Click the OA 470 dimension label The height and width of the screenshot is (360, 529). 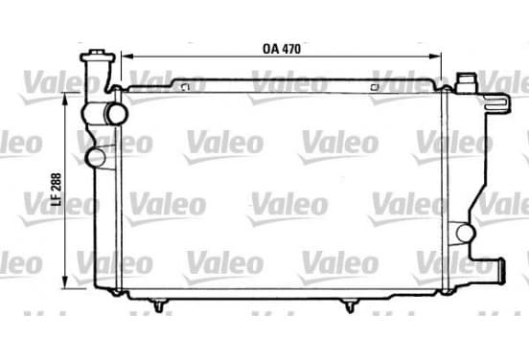tap(282, 49)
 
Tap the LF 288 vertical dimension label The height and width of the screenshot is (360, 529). tap(56, 190)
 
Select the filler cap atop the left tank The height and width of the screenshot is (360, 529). tap(98, 56)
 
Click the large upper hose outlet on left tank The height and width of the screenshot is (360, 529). tap(116, 113)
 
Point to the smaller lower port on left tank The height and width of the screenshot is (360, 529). tap(96, 158)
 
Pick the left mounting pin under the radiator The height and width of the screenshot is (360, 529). tap(158, 305)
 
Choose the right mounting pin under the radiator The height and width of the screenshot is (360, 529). tap(350, 305)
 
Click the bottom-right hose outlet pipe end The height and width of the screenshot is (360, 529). tap(501, 271)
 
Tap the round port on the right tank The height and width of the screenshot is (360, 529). tap(465, 233)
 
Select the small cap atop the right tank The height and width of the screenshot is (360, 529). tap(467, 82)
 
